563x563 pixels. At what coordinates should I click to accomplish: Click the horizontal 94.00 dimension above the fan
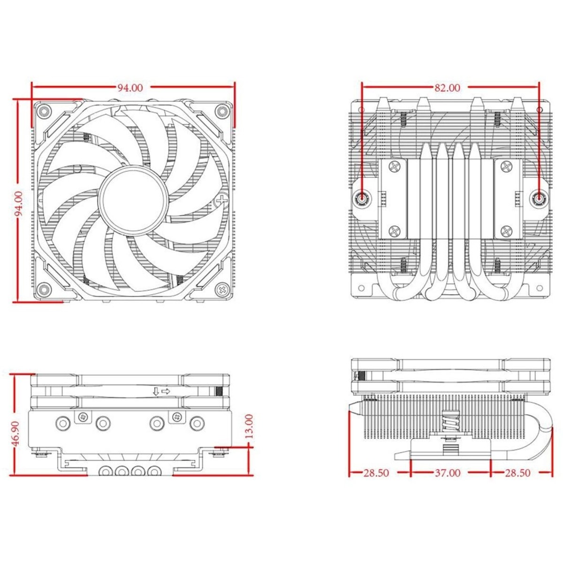pyautogui.click(x=130, y=87)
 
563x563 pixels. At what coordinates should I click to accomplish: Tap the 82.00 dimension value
pyautogui.click(x=447, y=87)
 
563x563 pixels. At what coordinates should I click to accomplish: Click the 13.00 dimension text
pyautogui.click(x=248, y=426)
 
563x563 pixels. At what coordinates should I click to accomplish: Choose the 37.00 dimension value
pyautogui.click(x=447, y=473)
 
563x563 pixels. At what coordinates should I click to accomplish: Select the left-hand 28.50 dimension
pyautogui.click(x=376, y=473)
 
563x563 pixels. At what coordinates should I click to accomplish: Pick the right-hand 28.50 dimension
pyautogui.click(x=517, y=473)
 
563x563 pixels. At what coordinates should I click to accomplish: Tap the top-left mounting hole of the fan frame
pyautogui.click(x=45, y=111)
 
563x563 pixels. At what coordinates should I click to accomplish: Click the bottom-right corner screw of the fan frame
pyautogui.click(x=220, y=289)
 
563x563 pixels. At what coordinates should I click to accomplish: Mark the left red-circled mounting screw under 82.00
pyautogui.click(x=362, y=199)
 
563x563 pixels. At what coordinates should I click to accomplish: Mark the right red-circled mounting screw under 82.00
pyautogui.click(x=539, y=199)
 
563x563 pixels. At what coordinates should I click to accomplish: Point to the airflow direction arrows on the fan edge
pyautogui.click(x=161, y=391)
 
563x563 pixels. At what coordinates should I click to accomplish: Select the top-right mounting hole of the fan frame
pyautogui.click(x=220, y=111)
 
